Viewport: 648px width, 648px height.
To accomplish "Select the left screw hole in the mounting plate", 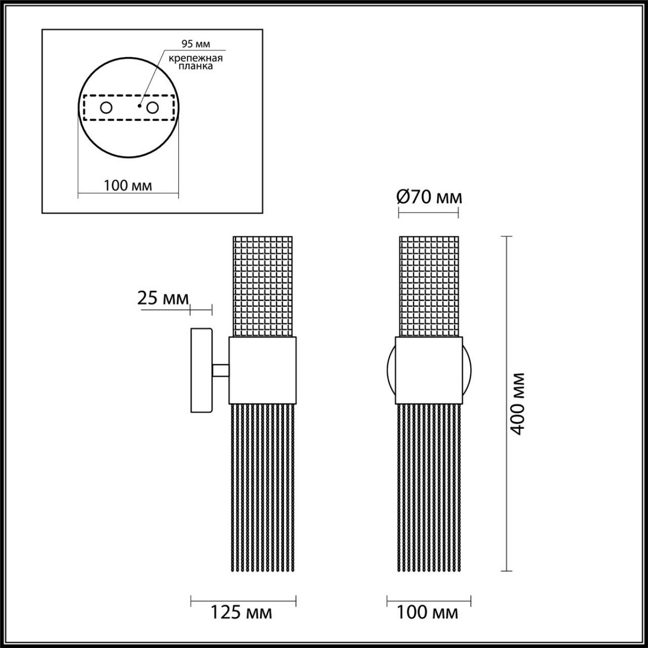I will (106, 108).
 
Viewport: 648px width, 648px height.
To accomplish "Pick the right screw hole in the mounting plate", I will (153, 108).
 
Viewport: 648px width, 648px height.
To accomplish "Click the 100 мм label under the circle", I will (128, 186).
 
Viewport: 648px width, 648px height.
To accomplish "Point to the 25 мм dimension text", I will (164, 298).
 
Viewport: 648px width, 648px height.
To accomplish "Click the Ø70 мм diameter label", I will (429, 198).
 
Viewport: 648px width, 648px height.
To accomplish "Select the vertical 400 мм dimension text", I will (518, 404).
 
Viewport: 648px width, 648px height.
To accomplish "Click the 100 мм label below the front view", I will (428, 612).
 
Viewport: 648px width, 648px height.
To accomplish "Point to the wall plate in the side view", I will (201, 370).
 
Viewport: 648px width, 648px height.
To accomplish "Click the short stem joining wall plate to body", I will (220, 370).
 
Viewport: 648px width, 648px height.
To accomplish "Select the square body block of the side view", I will (263, 370).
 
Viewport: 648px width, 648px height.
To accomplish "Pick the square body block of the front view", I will (429, 370).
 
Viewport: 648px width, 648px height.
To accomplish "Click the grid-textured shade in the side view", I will (262, 286).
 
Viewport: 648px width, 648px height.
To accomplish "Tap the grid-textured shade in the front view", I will (429, 286).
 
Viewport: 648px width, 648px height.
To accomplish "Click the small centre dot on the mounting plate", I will (139, 106).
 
